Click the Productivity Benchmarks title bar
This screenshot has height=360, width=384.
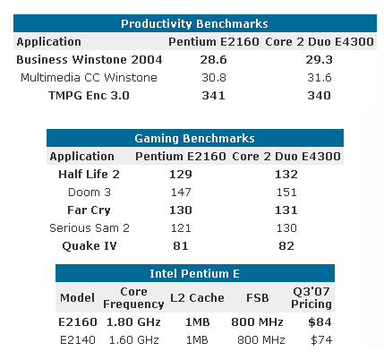pos(193,23)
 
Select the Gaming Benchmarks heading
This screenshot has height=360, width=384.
pos(194,138)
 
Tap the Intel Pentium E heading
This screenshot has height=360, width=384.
pos(194,273)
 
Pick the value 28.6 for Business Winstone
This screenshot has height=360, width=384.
pos(195,59)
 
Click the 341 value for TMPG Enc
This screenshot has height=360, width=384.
pos(195,96)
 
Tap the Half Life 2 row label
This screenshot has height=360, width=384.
pos(90,174)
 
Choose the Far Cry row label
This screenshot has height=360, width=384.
pos(90,210)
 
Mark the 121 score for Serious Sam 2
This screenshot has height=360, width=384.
pos(181,227)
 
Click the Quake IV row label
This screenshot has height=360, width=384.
pos(90,245)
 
